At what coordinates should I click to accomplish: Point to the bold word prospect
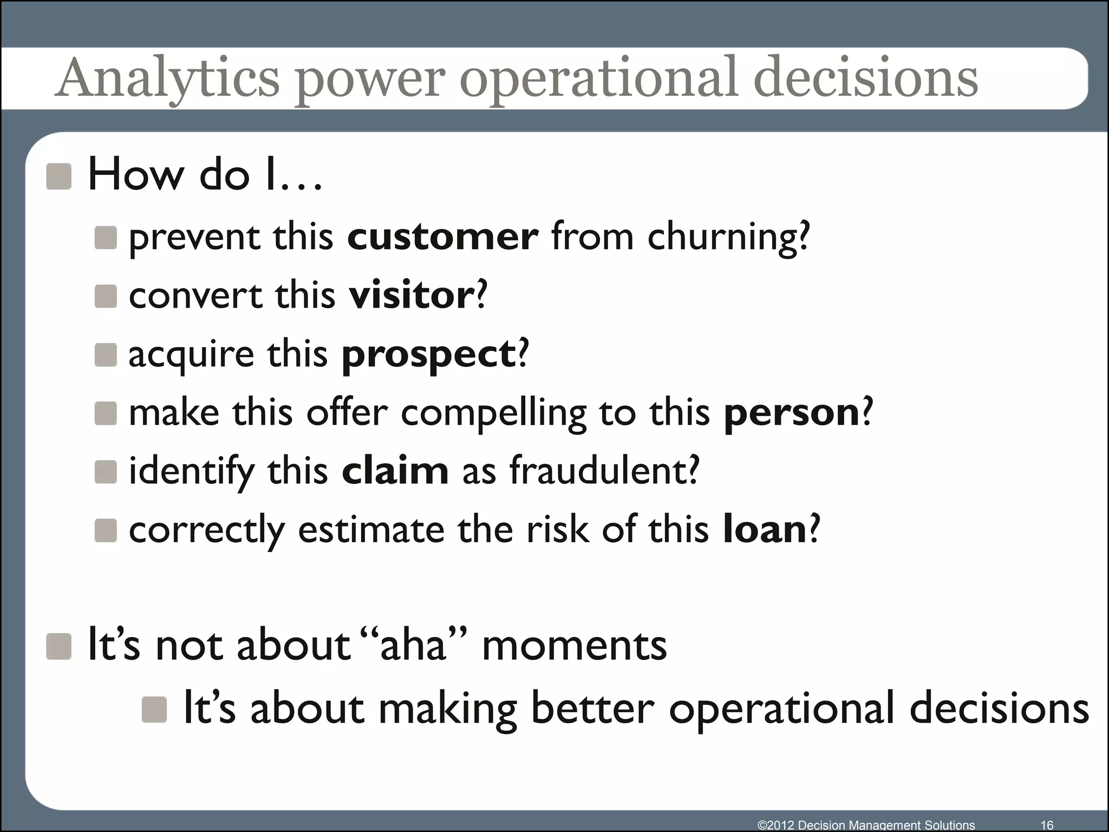click(x=428, y=355)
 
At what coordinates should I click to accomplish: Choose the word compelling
click(x=493, y=414)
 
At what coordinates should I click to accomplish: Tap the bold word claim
click(x=395, y=471)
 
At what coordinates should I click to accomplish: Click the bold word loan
click(x=765, y=529)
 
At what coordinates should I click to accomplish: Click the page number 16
click(x=1047, y=825)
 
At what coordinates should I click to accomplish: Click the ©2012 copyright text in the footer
click(x=866, y=825)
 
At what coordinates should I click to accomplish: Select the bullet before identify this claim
click(x=106, y=472)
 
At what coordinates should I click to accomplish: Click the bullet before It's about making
click(x=154, y=710)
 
